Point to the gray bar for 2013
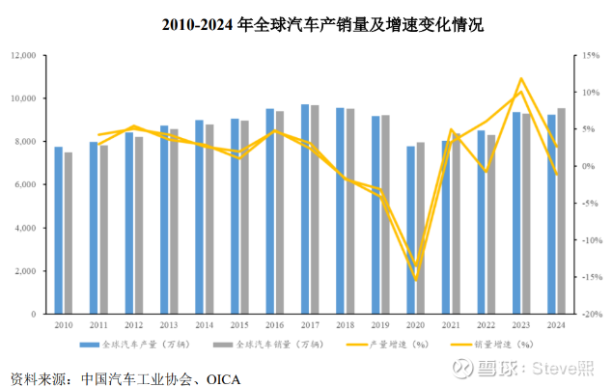point(174,221)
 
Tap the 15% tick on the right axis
point(593,56)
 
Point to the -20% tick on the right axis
point(592,315)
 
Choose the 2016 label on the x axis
point(274,325)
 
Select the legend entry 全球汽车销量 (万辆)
point(264,344)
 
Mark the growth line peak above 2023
point(521,79)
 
